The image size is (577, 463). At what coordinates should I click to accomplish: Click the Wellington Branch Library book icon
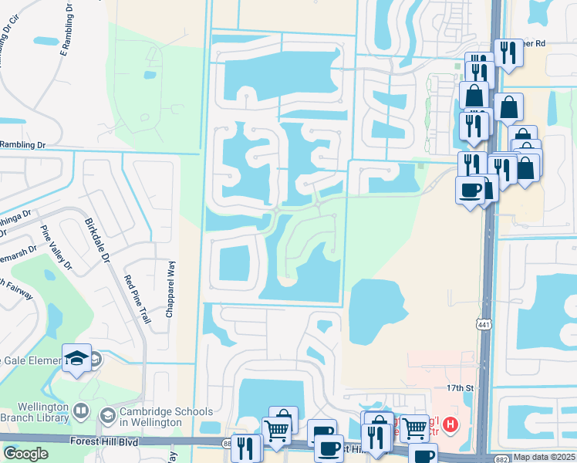pyautogui.click(x=83, y=411)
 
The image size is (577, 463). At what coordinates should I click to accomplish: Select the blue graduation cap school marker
pyautogui.click(x=77, y=357)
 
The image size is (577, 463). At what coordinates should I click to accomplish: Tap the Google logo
pyautogui.click(x=25, y=454)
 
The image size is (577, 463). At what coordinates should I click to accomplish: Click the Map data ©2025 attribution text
pyautogui.click(x=545, y=457)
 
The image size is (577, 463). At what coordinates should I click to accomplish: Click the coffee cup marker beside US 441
pyautogui.click(x=470, y=190)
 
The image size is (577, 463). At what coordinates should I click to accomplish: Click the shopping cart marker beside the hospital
pyautogui.click(x=415, y=428)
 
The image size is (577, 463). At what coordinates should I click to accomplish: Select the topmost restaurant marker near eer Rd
pyautogui.click(x=508, y=53)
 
